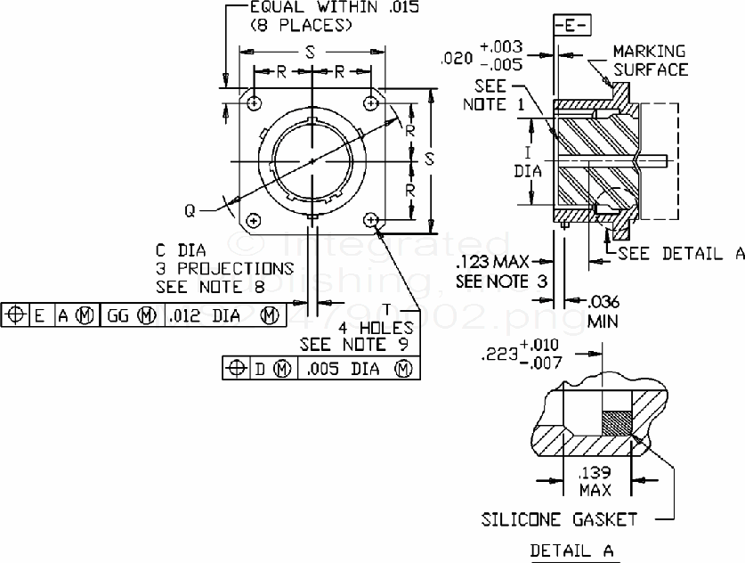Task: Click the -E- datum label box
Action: click(x=570, y=26)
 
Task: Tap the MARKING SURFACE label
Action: click(x=649, y=61)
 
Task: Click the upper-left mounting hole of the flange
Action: click(x=255, y=103)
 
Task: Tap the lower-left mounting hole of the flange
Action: click(x=255, y=219)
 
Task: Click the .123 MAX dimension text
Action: click(x=490, y=264)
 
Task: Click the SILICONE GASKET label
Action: click(x=559, y=518)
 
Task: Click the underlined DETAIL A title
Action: click(x=572, y=551)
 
